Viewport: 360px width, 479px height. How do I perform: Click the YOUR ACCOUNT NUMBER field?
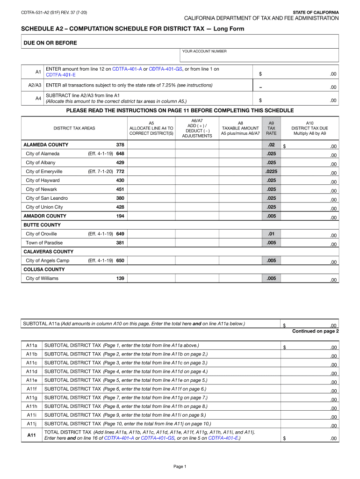(259, 57)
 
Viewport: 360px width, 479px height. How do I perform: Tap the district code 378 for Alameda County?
(120, 145)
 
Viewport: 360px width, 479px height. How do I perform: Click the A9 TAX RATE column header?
(271, 128)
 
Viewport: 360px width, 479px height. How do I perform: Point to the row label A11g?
(32, 398)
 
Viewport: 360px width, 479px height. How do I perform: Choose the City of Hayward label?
(43, 180)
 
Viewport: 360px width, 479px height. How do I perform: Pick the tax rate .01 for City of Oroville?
(271, 233)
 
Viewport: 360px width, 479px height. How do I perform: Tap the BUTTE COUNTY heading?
(42, 225)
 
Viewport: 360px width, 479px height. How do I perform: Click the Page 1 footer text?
(180, 466)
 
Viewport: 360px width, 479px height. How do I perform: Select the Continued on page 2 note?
(315, 331)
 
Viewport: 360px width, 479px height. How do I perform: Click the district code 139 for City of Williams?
(120, 278)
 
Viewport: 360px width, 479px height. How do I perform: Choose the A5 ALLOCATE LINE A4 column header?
(151, 128)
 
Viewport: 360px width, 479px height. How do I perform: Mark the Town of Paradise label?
(44, 243)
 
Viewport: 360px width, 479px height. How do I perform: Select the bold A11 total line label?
(32, 435)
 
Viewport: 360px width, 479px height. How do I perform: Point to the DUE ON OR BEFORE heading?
(50, 43)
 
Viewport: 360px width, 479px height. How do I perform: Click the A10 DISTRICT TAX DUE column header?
(310, 128)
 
